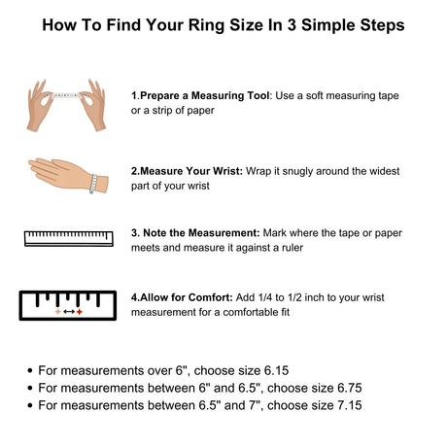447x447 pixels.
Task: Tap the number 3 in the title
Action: (292, 25)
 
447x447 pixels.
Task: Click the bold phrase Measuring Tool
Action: (230, 95)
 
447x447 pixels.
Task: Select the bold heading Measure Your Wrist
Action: (191, 171)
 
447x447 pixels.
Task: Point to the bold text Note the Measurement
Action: (201, 233)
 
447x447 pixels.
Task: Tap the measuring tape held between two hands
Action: (66, 95)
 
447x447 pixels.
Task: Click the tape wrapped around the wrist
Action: (93, 184)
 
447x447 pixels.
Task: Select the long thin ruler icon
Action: (69, 239)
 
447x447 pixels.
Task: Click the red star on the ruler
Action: (80, 312)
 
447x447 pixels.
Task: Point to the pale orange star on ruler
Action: (58, 312)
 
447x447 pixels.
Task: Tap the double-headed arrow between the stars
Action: (69, 312)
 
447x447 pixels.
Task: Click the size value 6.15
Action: (276, 370)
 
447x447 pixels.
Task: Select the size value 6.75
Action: (350, 388)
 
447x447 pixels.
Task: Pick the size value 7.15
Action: (350, 405)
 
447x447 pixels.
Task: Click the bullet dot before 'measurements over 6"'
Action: (30, 370)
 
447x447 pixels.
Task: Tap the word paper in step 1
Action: (200, 111)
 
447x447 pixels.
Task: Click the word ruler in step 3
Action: (292, 248)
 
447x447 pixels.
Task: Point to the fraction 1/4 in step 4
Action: (265, 297)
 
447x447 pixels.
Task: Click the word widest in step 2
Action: (384, 171)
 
